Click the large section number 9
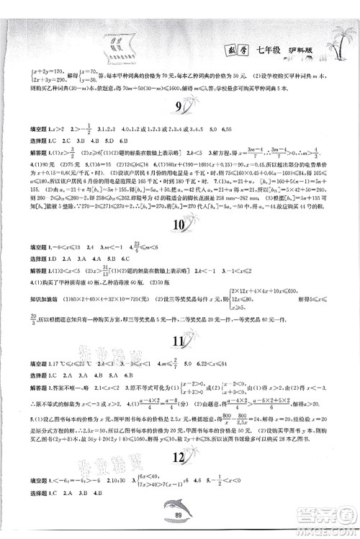[180, 110]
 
